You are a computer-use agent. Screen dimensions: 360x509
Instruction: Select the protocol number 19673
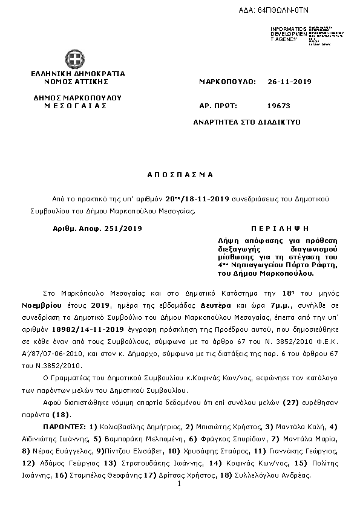(278, 105)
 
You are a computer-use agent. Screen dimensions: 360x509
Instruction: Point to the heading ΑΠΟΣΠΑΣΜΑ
(180, 174)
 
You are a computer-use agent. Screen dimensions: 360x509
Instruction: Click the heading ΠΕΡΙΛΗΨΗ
(280, 229)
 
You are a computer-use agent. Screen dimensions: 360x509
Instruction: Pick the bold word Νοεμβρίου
(51, 299)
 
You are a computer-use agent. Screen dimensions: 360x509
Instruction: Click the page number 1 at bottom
(180, 485)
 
